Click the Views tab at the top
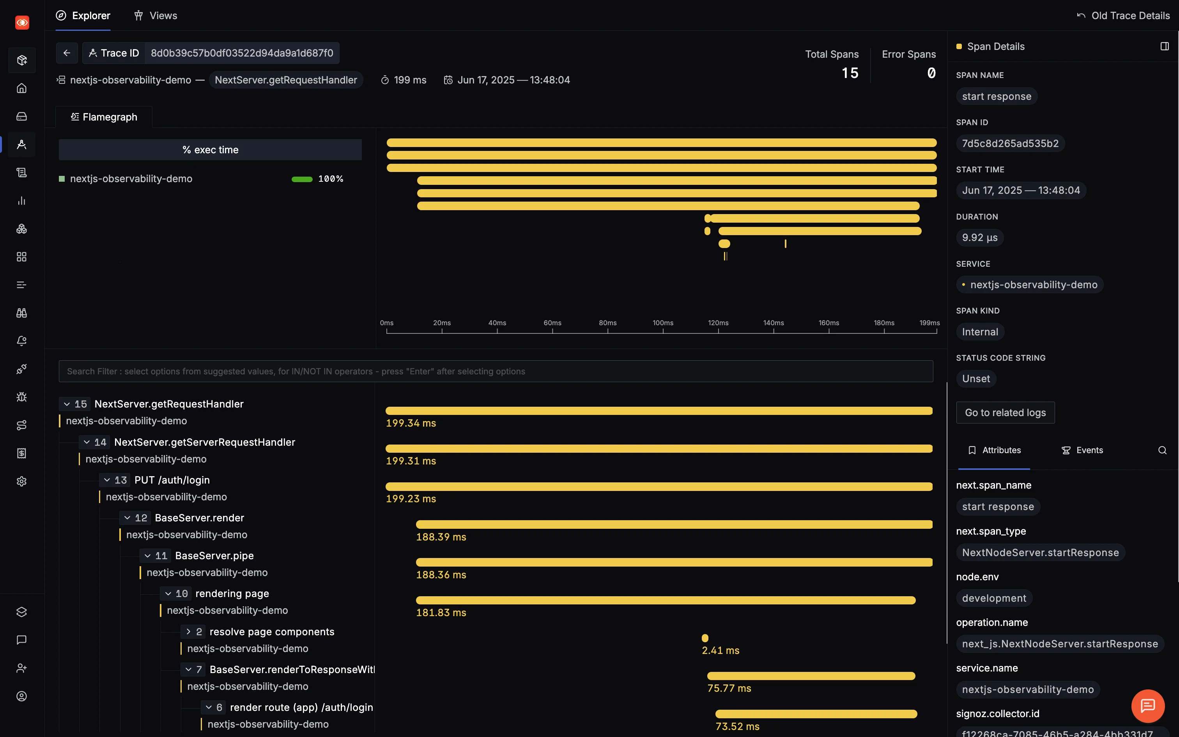tap(156, 16)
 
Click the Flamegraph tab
tap(104, 117)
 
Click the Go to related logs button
tap(1005, 413)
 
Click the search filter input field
tap(496, 371)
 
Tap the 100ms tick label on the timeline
tap(662, 323)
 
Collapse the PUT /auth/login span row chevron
tap(107, 480)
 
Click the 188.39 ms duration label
tap(441, 537)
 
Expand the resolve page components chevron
tap(188, 632)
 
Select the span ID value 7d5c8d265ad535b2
tap(1010, 144)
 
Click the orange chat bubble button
tap(1147, 706)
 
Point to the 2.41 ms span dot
tap(705, 638)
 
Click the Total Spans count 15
tap(850, 73)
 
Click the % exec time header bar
tap(210, 150)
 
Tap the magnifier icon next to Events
tap(1162, 450)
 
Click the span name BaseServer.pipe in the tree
tap(214, 556)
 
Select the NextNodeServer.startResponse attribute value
tap(1040, 552)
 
